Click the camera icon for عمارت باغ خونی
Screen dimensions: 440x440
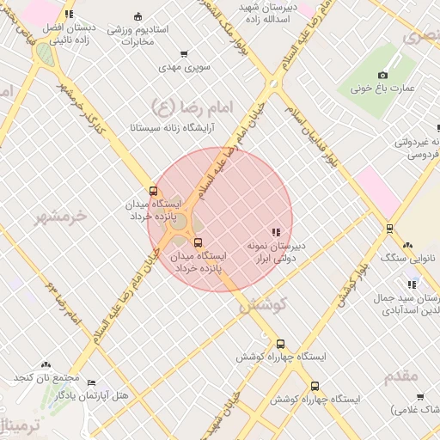(383, 75)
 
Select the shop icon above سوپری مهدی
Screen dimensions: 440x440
(183, 53)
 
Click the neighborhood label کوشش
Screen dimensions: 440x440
(261, 303)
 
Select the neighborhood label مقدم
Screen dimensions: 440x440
(396, 376)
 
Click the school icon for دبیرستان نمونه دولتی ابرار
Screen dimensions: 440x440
(275, 232)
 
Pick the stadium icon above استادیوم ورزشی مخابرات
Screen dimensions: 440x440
(138, 15)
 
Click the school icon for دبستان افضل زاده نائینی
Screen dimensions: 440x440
(69, 15)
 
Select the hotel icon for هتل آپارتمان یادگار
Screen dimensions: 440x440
(91, 382)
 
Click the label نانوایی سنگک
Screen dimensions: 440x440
(409, 258)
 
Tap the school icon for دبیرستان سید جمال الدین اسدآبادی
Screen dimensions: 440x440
(412, 284)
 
